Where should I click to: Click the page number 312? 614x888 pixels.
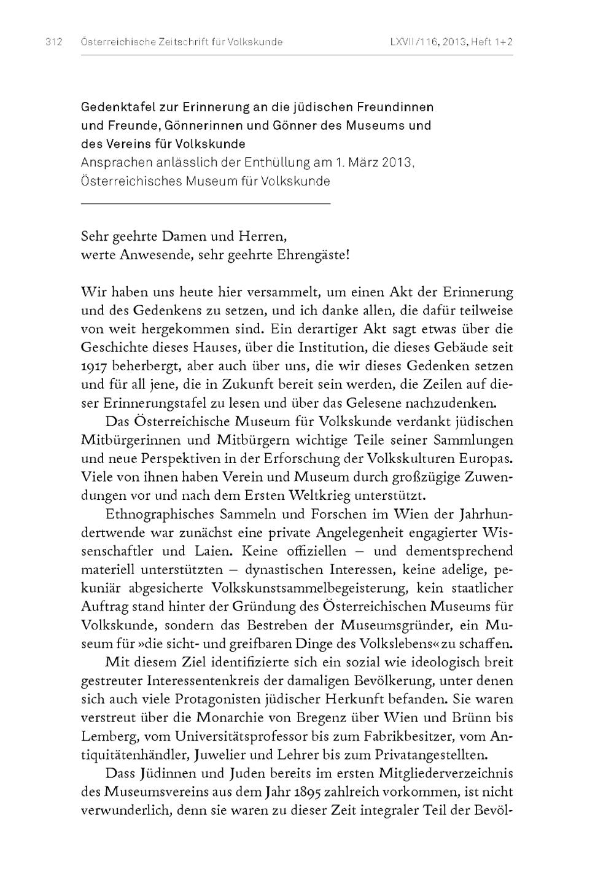[53, 42]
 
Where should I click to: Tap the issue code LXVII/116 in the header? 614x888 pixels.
[413, 42]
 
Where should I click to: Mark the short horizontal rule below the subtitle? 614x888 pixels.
[205, 203]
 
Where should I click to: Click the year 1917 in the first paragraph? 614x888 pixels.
[94, 367]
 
